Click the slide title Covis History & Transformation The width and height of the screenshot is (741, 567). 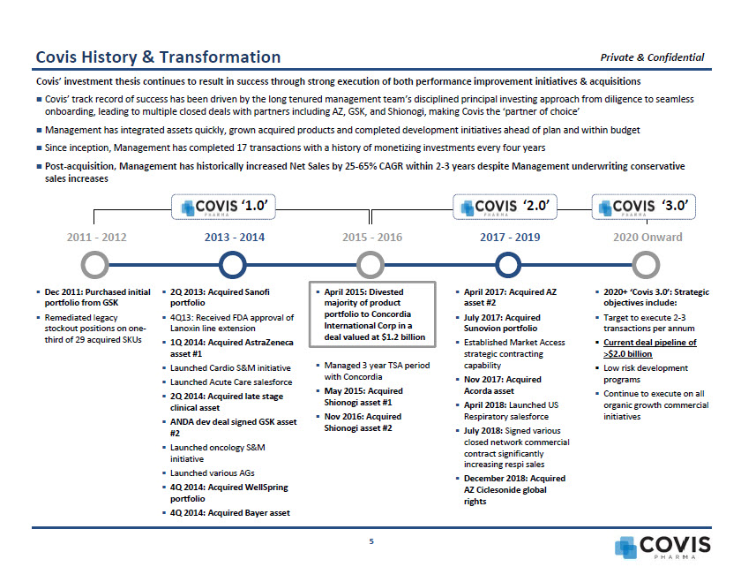158,57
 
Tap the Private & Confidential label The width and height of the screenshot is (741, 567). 652,57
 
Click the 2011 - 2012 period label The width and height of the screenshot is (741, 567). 97,238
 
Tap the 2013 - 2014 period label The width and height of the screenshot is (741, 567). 234,238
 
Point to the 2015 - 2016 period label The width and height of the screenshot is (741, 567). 371,238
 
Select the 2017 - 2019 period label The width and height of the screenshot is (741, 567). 510,238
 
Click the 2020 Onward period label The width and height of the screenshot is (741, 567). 647,238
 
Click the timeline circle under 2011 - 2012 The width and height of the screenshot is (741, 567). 94,264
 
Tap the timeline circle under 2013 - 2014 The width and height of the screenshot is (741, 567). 231,264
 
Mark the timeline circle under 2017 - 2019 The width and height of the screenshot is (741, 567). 506,264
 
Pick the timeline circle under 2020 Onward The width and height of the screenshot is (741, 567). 646,264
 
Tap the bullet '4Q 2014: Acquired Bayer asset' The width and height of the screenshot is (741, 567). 229,512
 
